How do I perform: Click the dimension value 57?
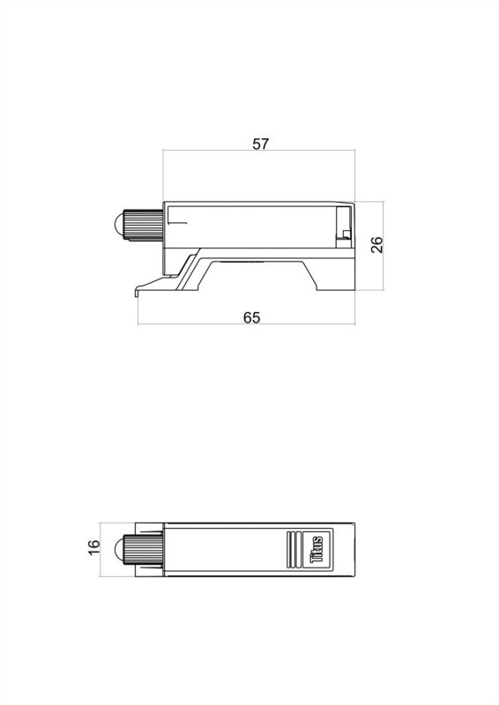260,144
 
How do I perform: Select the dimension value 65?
251,317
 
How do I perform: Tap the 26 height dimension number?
377,244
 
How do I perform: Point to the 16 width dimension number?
94,548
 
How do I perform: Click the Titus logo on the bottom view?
317,548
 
